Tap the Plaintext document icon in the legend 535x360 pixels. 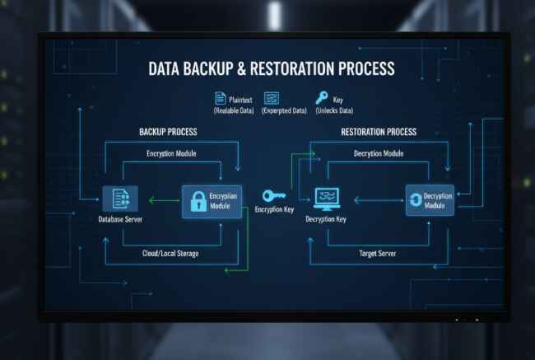pos(220,97)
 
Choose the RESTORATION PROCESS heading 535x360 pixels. pos(379,132)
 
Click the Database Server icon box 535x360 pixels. pos(115,199)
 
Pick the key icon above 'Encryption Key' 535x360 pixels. pos(272,196)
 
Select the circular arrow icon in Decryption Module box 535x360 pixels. pos(416,200)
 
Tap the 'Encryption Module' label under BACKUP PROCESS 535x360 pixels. pos(171,153)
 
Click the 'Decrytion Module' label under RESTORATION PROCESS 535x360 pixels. pos(378,153)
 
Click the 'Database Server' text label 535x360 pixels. pos(115,220)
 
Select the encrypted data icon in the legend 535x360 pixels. pos(271,97)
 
